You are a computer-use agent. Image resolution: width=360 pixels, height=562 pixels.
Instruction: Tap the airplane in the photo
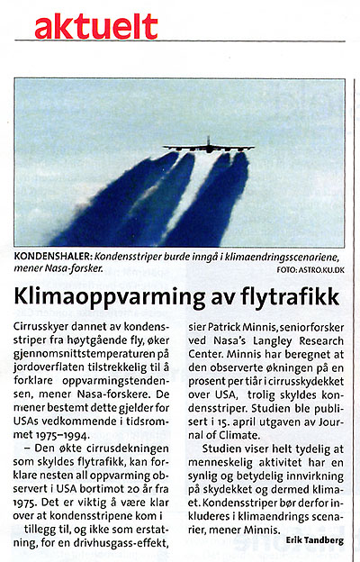click(208, 146)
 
